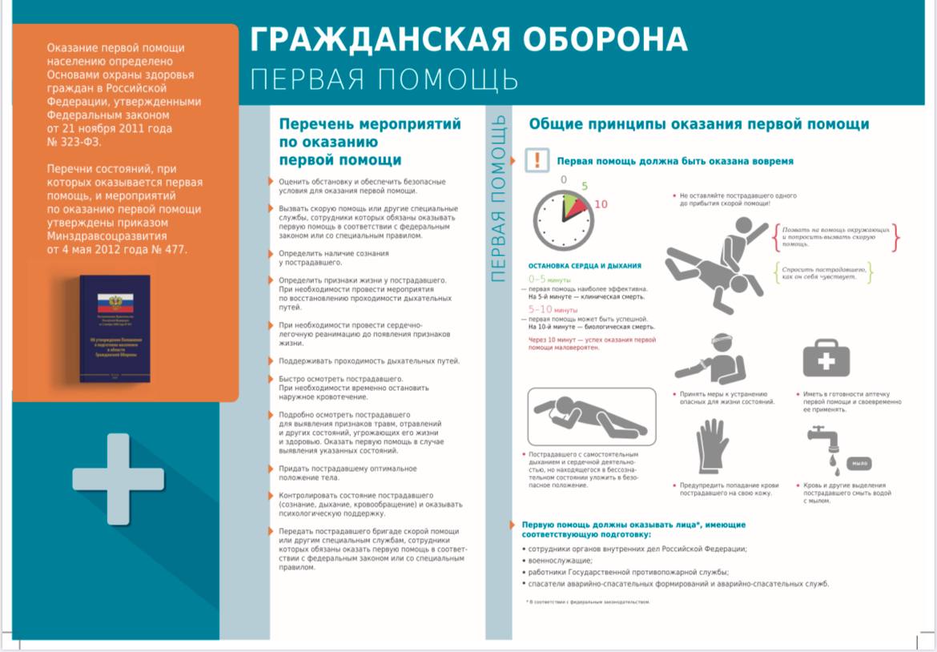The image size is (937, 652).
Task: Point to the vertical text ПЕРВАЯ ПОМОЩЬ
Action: pos(498,198)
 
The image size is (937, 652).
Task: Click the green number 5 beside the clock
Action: pos(584,187)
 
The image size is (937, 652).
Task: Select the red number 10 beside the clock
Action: pos(601,204)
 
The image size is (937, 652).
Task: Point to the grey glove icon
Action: pos(710,449)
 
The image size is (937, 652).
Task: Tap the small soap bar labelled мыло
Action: pos(860,464)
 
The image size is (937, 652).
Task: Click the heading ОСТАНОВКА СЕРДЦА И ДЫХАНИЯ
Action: pos(585,266)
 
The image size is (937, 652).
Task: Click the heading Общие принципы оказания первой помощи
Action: pos(698,124)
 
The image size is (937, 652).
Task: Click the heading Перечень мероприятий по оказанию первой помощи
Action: pos(369,142)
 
